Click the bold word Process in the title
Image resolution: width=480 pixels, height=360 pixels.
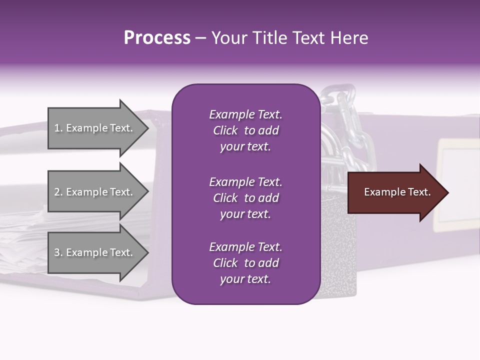(157, 38)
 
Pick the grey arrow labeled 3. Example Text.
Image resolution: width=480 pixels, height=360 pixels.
(95, 253)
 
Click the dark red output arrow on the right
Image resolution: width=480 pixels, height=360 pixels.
(395, 192)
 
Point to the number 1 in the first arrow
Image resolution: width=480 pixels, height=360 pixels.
(57, 128)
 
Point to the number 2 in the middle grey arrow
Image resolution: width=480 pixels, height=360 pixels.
(57, 192)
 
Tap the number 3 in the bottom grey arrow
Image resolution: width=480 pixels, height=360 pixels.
(57, 253)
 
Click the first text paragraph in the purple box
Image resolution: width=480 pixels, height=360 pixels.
(245, 130)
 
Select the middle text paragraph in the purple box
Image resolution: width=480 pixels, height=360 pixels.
(245, 198)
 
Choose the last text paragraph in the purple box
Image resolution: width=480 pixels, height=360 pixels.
(245, 263)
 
